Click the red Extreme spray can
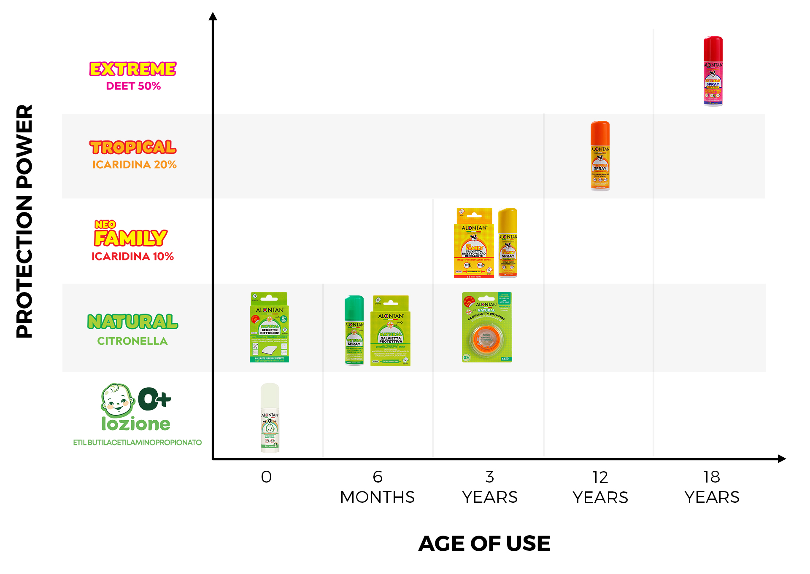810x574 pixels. (x=713, y=71)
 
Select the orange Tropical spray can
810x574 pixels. (x=600, y=156)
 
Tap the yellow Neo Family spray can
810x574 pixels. (x=508, y=243)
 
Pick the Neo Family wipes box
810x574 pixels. (x=474, y=243)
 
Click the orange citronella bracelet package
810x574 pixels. (x=487, y=327)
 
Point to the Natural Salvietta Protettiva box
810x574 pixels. (x=390, y=330)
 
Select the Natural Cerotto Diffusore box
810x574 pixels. (x=269, y=327)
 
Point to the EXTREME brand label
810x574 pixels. (x=133, y=69)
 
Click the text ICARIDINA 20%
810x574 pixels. (x=134, y=165)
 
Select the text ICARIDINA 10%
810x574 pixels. (x=132, y=257)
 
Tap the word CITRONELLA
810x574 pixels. (x=132, y=341)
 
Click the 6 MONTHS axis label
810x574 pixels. (x=378, y=487)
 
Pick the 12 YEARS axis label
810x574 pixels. (x=600, y=488)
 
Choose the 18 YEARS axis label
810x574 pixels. (x=712, y=487)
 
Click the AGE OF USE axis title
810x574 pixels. (x=484, y=543)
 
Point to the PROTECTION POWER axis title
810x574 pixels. (x=24, y=221)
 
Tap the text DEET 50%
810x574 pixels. (x=133, y=86)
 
